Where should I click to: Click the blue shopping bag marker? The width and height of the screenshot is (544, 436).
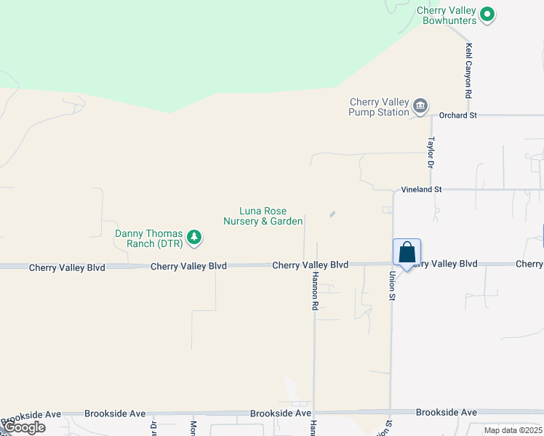point(407,253)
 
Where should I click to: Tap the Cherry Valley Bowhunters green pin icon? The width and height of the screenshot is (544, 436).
point(487,14)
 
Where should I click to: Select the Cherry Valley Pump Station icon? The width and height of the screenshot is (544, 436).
point(420,107)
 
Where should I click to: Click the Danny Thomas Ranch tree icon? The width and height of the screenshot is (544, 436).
point(193,237)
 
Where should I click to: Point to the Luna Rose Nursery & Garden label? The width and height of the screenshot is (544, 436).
point(263,216)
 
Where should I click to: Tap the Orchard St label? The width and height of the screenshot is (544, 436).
point(457,115)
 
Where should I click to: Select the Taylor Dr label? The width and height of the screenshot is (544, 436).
point(431,153)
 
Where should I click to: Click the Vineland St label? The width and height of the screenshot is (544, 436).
point(421,189)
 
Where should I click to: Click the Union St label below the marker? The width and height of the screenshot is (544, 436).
point(391,285)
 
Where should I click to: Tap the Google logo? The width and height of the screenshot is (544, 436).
point(23,427)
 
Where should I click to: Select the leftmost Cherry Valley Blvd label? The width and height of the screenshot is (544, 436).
point(67,267)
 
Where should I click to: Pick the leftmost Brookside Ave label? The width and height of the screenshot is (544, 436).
point(32,414)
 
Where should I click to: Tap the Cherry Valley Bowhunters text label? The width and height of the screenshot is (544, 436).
point(447,15)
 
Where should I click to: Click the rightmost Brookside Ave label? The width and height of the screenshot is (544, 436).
point(446,412)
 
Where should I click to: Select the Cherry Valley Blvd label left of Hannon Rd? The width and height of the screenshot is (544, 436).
point(188,266)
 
